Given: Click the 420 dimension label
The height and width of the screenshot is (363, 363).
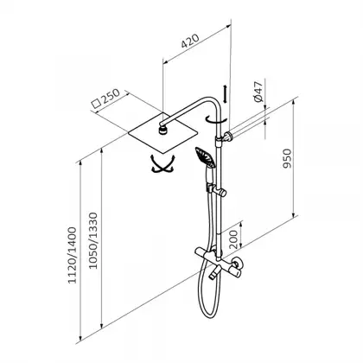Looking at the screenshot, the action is tap(190, 41).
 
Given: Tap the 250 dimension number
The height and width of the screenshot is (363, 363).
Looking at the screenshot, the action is tap(111, 96).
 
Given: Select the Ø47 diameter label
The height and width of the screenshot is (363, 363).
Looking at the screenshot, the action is tap(258, 92).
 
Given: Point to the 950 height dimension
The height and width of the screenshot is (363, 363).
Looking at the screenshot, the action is tap(287, 158).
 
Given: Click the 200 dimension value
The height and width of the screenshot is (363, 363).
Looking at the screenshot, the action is tap(234, 239).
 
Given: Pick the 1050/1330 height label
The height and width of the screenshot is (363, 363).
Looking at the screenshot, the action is tap(92, 241).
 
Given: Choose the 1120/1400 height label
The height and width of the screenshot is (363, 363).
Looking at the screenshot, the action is tap(72, 255).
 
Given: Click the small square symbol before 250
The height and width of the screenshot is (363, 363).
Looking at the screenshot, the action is tap(96, 104).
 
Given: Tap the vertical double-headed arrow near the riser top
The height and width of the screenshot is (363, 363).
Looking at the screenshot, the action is tap(225, 93).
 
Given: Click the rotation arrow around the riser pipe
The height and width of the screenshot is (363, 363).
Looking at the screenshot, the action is tap(216, 120).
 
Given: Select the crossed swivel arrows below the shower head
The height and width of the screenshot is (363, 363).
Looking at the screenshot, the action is tap(163, 164).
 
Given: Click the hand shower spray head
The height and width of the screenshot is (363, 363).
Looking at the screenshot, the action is tap(206, 157).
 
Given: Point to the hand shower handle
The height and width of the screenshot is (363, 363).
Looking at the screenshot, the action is tap(208, 175).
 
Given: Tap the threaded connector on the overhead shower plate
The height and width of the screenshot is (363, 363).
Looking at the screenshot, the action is tap(163, 129).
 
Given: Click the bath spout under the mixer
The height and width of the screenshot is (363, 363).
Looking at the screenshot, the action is tap(214, 273).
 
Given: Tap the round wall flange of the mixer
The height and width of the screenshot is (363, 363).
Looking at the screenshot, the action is tap(238, 263).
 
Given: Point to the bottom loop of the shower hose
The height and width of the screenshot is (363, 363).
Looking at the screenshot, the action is tap(210, 312).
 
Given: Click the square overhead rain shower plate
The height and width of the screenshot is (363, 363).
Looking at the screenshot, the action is tap(163, 132).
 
